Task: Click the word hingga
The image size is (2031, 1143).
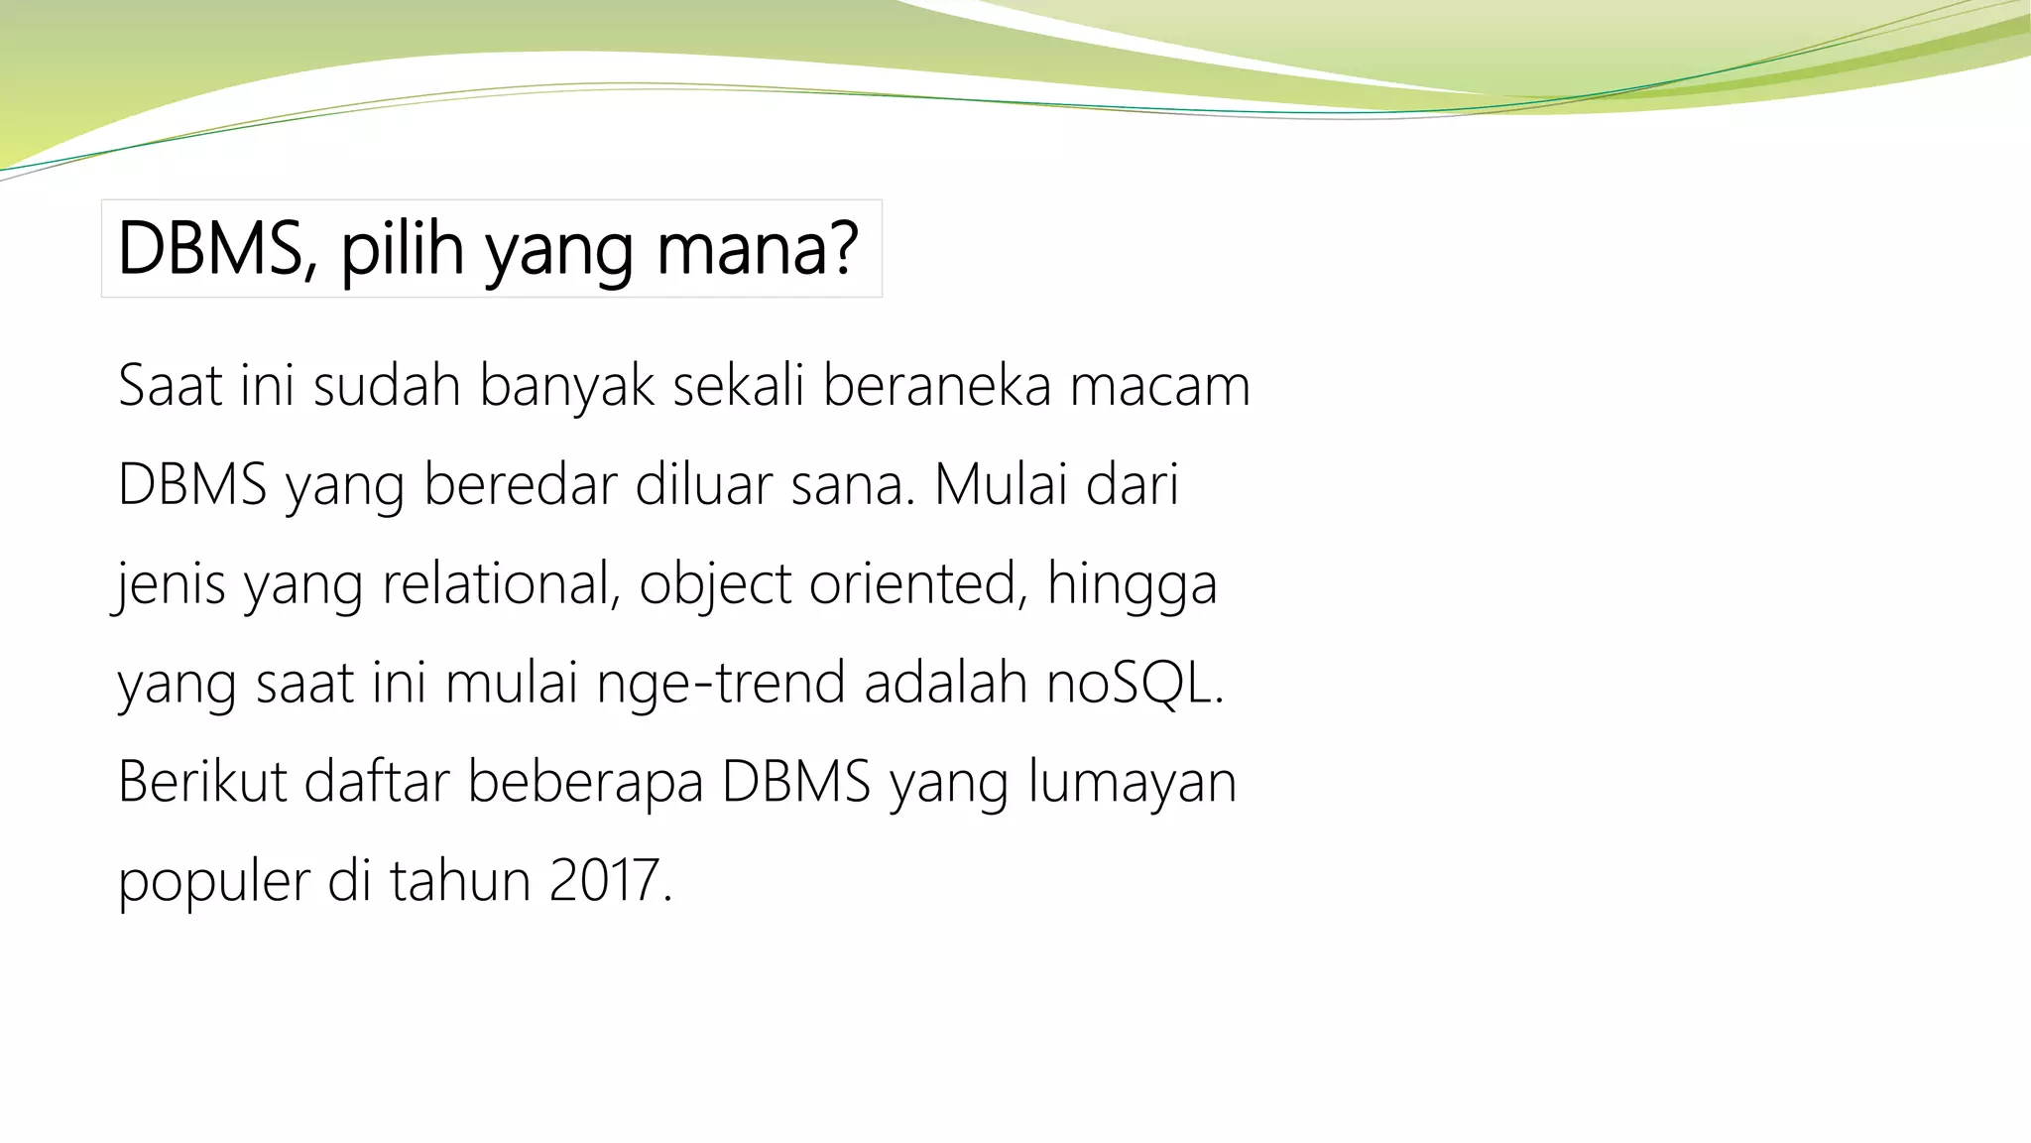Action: (x=1132, y=585)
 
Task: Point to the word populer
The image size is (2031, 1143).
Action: (x=213, y=883)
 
